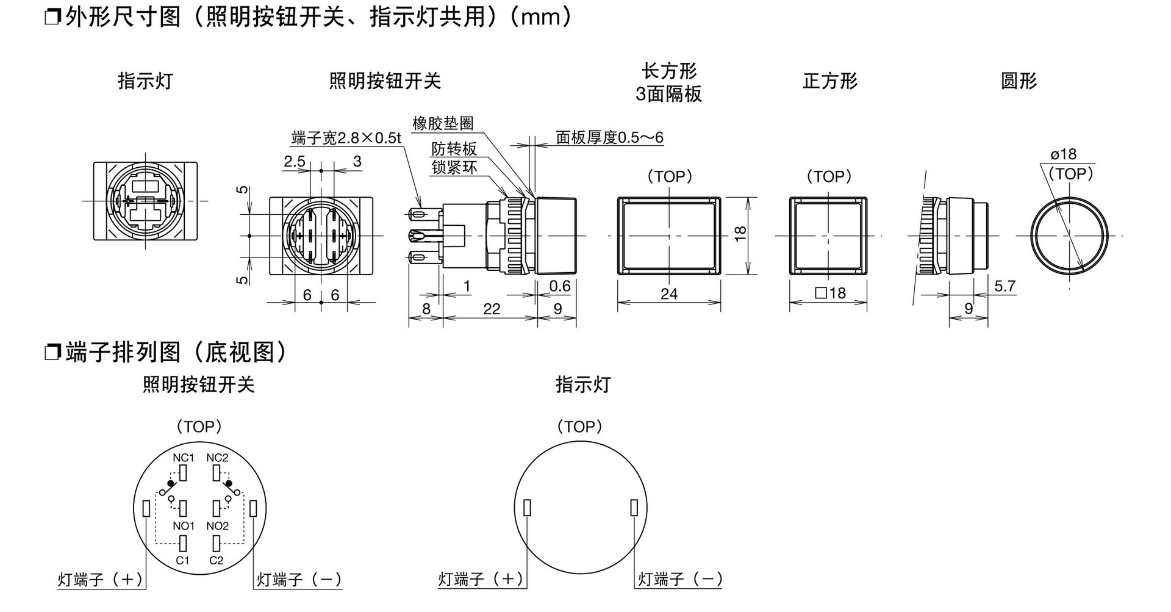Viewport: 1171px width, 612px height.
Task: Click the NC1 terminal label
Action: pyautogui.click(x=184, y=458)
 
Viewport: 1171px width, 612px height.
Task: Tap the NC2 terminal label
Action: pyautogui.click(x=217, y=458)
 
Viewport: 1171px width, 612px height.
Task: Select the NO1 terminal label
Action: pyautogui.click(x=184, y=526)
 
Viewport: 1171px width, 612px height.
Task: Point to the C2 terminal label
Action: pyautogui.click(x=217, y=560)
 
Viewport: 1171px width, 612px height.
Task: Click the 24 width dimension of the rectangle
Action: pyautogui.click(x=669, y=294)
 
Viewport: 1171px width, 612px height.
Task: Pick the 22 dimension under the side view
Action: pyautogui.click(x=492, y=309)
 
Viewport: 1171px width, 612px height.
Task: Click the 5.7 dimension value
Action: pyautogui.click(x=1004, y=286)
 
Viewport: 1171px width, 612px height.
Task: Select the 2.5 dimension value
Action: pyautogui.click(x=295, y=161)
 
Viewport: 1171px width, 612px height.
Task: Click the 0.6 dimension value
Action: pyautogui.click(x=560, y=286)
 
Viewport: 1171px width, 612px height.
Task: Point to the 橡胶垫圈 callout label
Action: pyautogui.click(x=443, y=123)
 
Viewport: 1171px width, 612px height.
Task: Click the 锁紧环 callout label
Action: pyautogui.click(x=454, y=168)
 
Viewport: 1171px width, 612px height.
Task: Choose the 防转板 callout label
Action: pyautogui.click(x=454, y=149)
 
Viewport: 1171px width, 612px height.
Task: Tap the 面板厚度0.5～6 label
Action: pyautogui.click(x=609, y=137)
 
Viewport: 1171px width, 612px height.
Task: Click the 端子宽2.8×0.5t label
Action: pyautogui.click(x=346, y=139)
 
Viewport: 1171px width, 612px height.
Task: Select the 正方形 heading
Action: pyautogui.click(x=829, y=81)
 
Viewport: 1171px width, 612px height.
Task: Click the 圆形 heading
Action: pyautogui.click(x=1019, y=81)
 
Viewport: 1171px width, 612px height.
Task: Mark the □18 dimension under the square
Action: pyautogui.click(x=830, y=293)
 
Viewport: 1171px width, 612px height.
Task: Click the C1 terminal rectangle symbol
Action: pyautogui.click(x=182, y=543)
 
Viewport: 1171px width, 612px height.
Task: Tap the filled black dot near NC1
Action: pyautogui.click(x=170, y=483)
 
